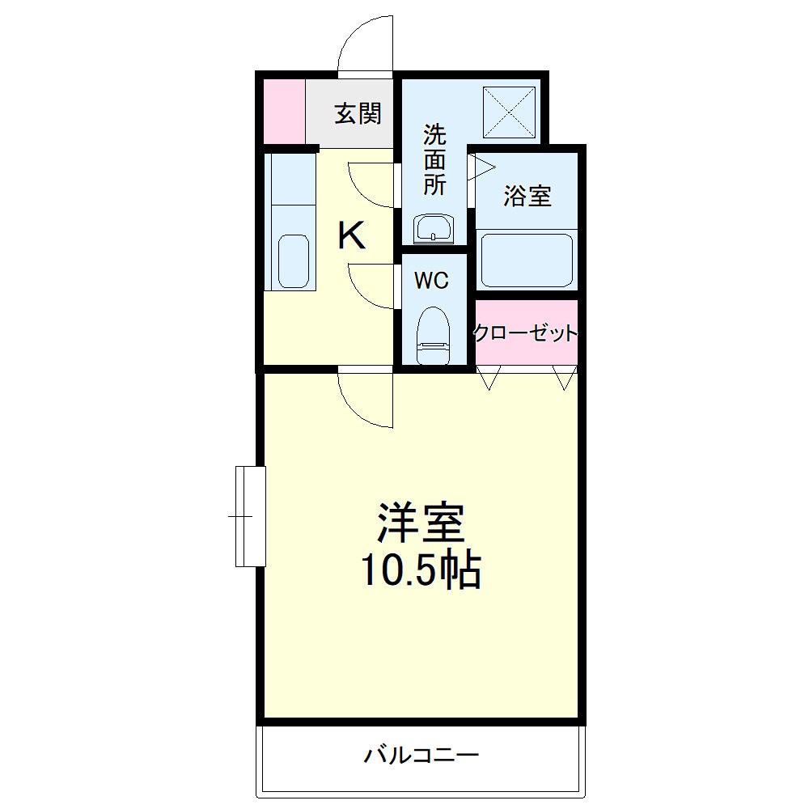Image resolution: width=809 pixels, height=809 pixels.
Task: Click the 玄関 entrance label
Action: coord(358,114)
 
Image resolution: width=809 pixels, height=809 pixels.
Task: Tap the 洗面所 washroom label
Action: coord(434,159)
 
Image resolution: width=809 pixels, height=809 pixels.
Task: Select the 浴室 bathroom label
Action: coord(527,195)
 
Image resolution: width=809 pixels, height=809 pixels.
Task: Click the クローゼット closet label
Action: coord(526,332)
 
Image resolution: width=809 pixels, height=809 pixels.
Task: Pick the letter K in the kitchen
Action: coord(351,235)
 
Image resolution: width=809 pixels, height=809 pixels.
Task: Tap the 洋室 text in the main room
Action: coord(421,523)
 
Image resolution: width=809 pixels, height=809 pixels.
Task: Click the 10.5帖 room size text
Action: coord(421,571)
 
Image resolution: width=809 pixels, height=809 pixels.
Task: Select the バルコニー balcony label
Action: coord(421,756)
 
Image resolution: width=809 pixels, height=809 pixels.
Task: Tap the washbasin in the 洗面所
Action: coord(434,227)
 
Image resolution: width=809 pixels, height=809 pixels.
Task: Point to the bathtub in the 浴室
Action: coord(527,260)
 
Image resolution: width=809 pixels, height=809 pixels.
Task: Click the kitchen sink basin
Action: coord(293,261)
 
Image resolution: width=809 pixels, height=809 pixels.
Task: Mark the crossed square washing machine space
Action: coord(509,112)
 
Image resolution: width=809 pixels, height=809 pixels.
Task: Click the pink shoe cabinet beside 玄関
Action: coord(284,112)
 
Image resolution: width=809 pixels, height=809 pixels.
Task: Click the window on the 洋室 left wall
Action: coord(250,515)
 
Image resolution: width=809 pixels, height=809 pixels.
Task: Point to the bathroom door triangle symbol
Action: coord(481,167)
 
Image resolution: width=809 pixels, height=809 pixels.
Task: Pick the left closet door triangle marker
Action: coord(489,377)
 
